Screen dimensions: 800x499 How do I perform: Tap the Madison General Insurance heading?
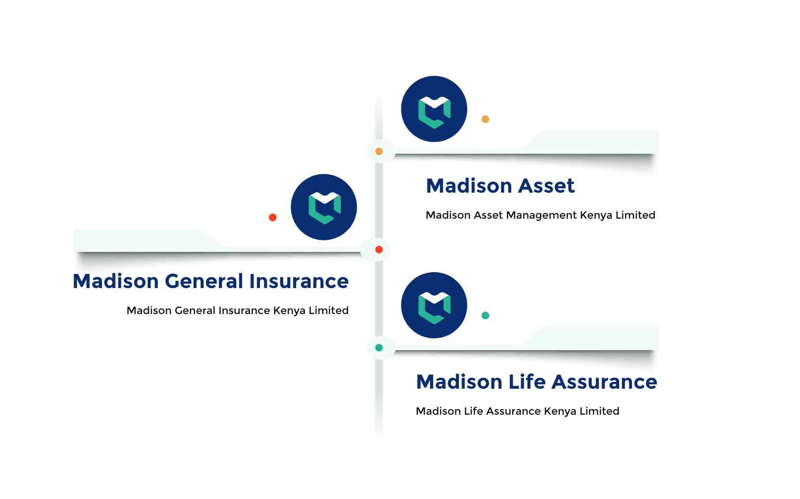(x=211, y=281)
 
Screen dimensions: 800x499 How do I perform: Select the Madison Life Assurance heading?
(x=536, y=381)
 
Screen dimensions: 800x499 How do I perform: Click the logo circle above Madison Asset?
(x=434, y=109)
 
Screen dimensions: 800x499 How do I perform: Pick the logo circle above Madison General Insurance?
(x=323, y=207)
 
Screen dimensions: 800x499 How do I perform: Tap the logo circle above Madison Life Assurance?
(x=434, y=305)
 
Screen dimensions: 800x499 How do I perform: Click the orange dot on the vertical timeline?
(x=379, y=151)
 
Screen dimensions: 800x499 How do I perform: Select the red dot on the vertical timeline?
(x=379, y=249)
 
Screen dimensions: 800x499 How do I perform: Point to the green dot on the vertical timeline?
(x=379, y=347)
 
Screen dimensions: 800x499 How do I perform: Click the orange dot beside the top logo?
(x=485, y=119)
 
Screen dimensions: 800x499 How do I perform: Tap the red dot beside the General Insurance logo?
(x=272, y=217)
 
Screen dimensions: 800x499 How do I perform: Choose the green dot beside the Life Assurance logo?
(x=485, y=315)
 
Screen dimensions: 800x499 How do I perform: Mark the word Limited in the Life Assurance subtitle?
(x=599, y=411)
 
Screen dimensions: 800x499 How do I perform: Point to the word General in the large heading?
(x=204, y=281)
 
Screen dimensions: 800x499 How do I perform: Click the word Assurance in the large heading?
(x=604, y=381)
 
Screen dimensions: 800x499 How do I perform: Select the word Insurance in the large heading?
(x=299, y=281)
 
